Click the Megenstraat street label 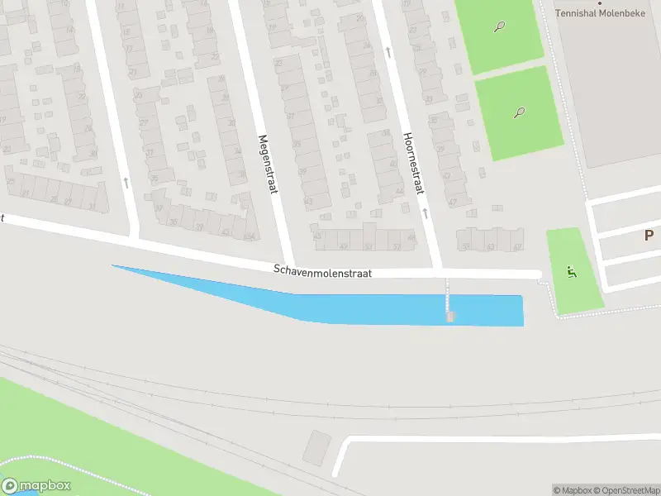265,165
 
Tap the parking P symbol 649,236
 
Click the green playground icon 570,270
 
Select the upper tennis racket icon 500,26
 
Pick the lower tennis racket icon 519,112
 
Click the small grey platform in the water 449,317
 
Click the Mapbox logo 36,486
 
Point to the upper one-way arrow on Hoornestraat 388,51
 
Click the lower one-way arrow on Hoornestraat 425,212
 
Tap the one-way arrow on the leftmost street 126,181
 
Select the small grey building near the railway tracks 316,447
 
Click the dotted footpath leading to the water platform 448,292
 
